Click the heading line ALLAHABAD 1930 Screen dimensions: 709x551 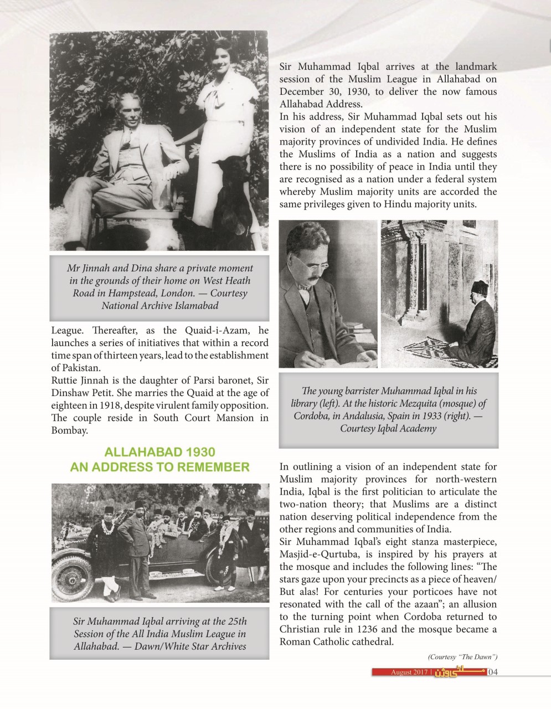coord(160,453)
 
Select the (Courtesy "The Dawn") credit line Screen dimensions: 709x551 coord(462,657)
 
